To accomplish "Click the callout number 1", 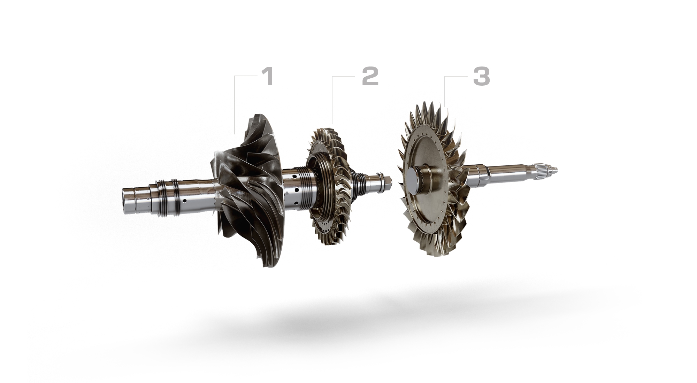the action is pyautogui.click(x=268, y=77).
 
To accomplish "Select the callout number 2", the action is pyautogui.click(x=370, y=77).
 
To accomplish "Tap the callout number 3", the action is pyautogui.click(x=481, y=77).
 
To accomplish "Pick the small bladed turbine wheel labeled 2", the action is pyautogui.click(x=329, y=186).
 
